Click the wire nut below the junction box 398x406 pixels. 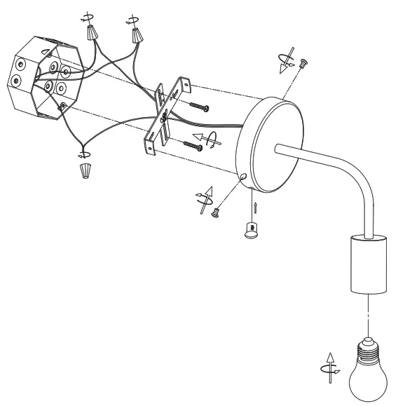(x=85, y=171)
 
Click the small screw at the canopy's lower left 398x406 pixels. (x=217, y=213)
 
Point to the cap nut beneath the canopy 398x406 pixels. (x=249, y=229)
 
